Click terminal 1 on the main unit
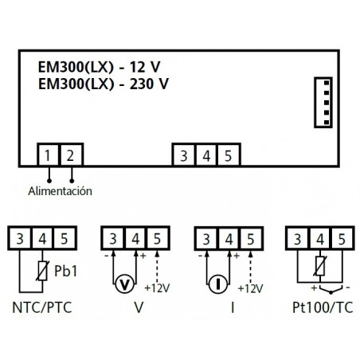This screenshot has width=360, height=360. [x=49, y=155]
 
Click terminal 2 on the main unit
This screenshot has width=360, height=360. [x=72, y=155]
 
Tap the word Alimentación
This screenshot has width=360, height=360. [x=60, y=191]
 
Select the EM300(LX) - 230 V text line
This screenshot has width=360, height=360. [x=104, y=82]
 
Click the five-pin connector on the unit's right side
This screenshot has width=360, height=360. [x=321, y=101]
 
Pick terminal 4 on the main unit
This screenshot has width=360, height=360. [x=206, y=155]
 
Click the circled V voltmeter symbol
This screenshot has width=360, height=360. [x=123, y=284]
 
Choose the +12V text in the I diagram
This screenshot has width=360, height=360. [x=251, y=287]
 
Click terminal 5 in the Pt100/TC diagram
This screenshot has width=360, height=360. [x=340, y=237]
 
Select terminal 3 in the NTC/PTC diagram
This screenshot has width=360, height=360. [x=19, y=237]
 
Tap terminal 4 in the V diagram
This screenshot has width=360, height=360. [x=135, y=237]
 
